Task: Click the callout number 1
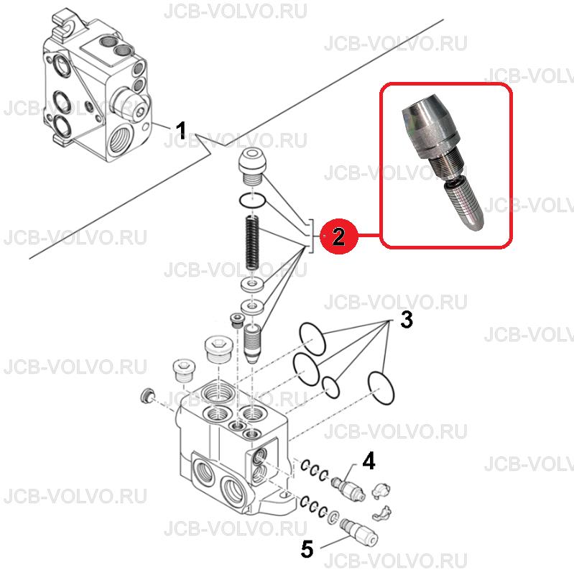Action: coord(181,130)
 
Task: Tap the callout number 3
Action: coord(406,319)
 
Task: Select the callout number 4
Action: coord(369,461)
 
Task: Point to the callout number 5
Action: coord(307,549)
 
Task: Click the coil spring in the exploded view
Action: coord(251,242)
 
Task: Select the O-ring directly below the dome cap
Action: coord(252,201)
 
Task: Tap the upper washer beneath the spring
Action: coord(252,285)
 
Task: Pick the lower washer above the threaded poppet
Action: coord(252,306)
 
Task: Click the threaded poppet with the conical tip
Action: coord(252,344)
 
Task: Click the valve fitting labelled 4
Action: coord(348,487)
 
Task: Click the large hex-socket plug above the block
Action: coord(217,349)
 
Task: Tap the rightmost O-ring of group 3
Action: coord(381,388)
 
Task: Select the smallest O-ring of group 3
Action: coord(331,387)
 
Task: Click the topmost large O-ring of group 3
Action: coord(313,339)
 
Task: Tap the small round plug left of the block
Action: coord(147,396)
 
